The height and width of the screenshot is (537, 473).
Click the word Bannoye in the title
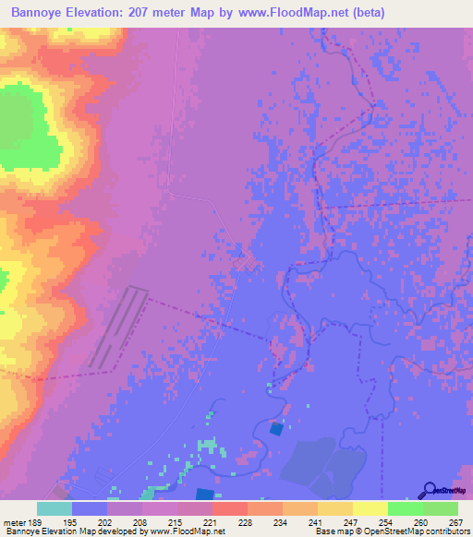point(42,12)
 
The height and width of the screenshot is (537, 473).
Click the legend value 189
point(35,523)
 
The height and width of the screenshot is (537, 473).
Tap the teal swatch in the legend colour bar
point(55,508)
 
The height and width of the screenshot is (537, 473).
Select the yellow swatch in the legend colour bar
point(370,508)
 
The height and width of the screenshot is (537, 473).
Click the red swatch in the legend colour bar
point(229,508)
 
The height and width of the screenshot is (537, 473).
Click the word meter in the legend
point(15,523)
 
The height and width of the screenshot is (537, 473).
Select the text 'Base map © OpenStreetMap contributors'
point(389,532)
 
